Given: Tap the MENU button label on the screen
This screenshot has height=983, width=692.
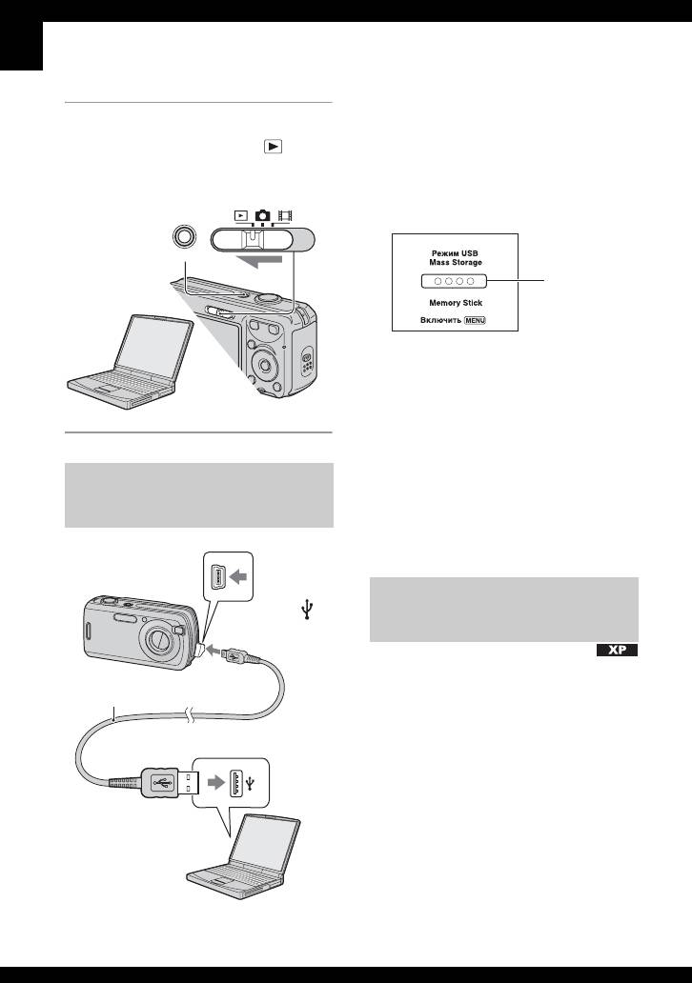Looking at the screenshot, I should [499, 320].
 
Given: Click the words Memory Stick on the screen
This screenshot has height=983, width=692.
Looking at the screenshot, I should [455, 302].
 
